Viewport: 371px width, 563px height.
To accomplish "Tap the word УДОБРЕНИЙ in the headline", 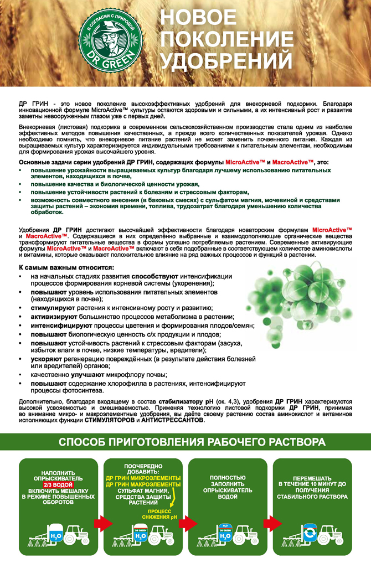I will point(226,60).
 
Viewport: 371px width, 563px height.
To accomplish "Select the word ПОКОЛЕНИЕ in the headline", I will point(227,39).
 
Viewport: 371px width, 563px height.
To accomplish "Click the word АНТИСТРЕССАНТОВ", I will point(172,420).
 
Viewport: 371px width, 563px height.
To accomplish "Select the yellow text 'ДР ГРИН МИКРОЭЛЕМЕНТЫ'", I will point(143,478).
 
